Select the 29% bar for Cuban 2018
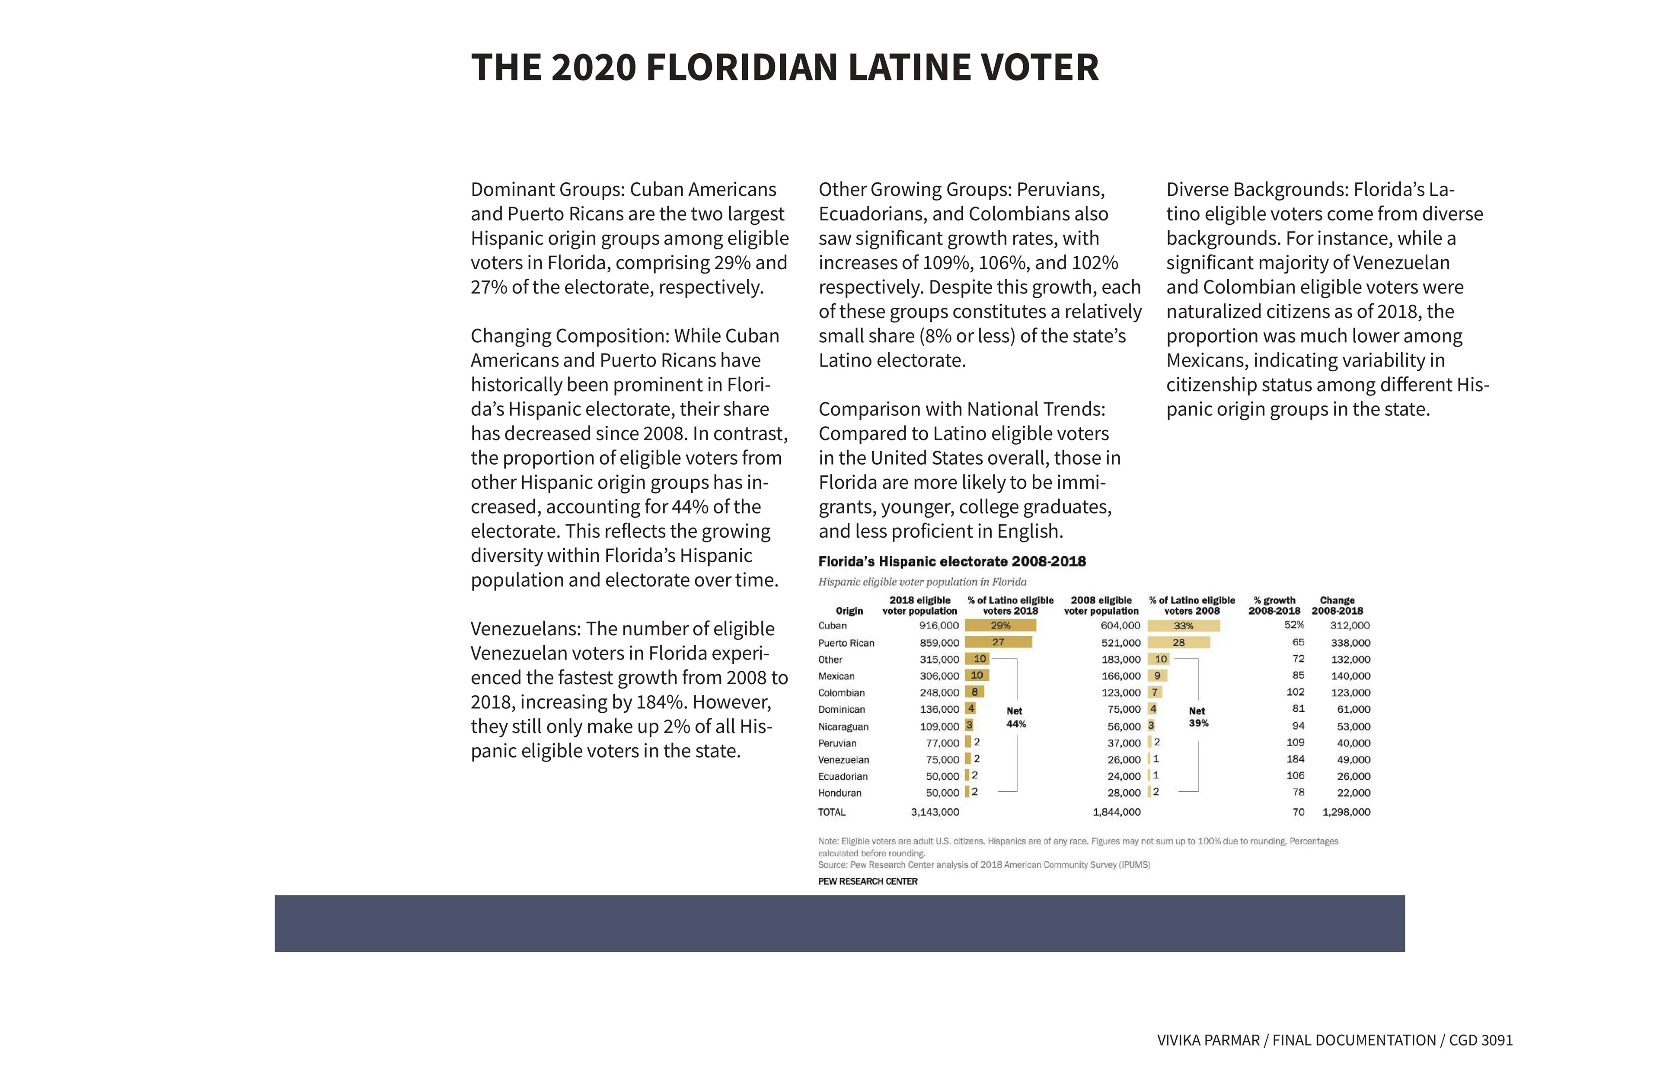[x=1000, y=625]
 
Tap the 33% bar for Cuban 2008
[x=1184, y=625]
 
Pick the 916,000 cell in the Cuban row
[x=939, y=625]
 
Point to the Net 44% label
[x=1015, y=717]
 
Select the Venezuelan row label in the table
[x=843, y=759]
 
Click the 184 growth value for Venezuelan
[x=1295, y=759]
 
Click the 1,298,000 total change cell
[x=1346, y=812]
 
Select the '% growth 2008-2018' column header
[x=1274, y=606]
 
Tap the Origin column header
[x=849, y=611]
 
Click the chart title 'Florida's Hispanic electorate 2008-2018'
[x=952, y=561]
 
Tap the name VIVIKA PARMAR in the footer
[x=1208, y=1040]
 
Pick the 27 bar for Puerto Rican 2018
[x=998, y=642]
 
